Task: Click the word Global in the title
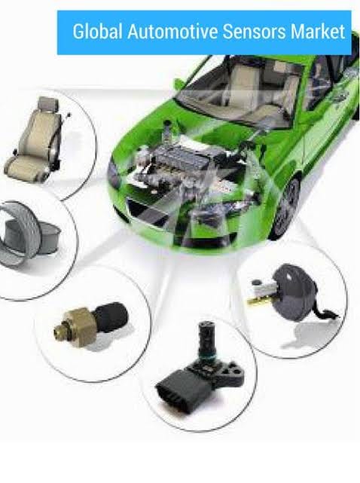point(97,32)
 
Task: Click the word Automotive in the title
point(172,32)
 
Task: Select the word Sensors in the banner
point(254,32)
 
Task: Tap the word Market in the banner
point(318,32)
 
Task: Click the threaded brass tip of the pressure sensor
point(59,330)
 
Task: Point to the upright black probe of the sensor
point(206,338)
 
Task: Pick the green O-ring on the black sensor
point(206,357)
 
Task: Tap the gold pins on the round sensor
point(257,301)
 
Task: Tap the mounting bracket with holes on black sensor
point(232,372)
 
